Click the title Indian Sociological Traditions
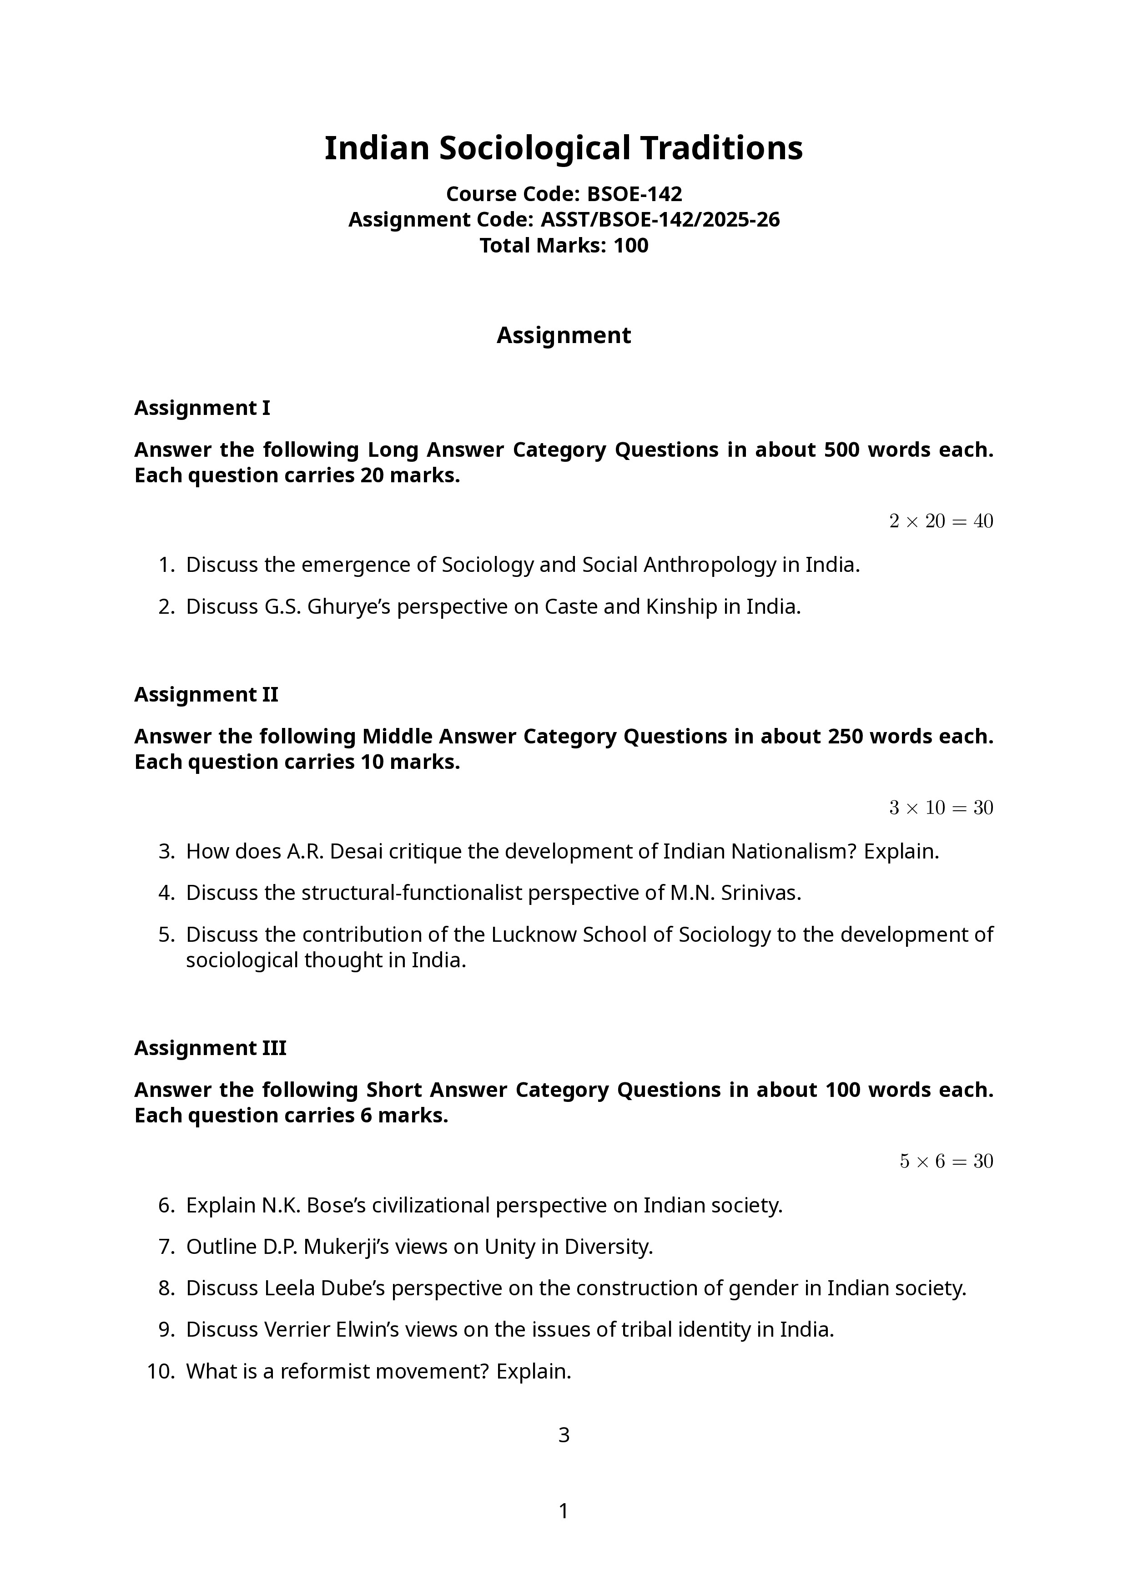[x=564, y=148]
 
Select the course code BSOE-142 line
[x=564, y=193]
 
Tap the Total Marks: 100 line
[x=564, y=245]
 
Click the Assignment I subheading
[x=201, y=408]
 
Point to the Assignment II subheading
[x=206, y=694]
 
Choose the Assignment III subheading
[x=210, y=1048]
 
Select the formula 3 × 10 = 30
[x=941, y=808]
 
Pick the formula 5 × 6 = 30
[x=946, y=1161]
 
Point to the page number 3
[x=564, y=1435]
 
